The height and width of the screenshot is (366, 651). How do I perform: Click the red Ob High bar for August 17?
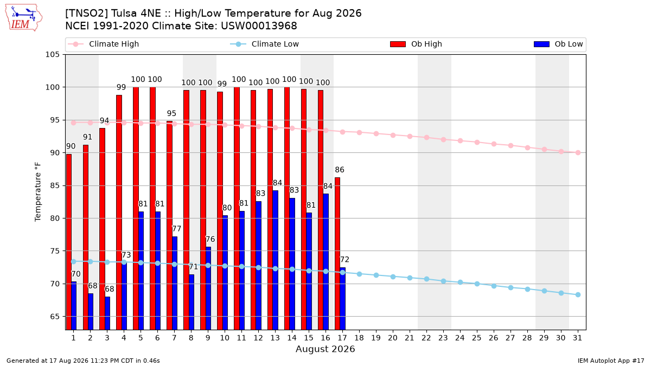click(x=337, y=254)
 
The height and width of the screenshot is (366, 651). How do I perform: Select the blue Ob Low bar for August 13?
click(x=275, y=260)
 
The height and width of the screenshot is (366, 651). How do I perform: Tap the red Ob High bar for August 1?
click(x=69, y=242)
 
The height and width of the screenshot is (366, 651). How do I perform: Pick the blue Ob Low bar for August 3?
click(x=107, y=313)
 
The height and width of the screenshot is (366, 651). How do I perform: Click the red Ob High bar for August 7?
click(x=169, y=226)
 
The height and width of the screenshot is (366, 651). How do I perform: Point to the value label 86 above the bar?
click(x=340, y=170)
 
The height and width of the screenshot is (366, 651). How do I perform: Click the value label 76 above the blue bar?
click(x=210, y=239)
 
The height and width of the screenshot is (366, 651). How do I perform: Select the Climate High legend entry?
click(x=103, y=44)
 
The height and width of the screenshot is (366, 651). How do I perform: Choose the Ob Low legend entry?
click(x=558, y=44)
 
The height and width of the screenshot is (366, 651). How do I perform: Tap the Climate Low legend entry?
click(x=264, y=44)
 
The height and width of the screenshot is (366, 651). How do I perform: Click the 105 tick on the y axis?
click(x=52, y=55)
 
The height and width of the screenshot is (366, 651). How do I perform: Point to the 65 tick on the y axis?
click(x=55, y=316)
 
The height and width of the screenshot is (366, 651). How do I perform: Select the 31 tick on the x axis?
click(x=577, y=338)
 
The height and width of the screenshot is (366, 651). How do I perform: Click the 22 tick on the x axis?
click(x=426, y=338)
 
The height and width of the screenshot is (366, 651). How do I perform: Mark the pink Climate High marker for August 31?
click(x=578, y=152)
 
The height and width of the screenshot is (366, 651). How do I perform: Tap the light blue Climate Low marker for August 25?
click(x=477, y=284)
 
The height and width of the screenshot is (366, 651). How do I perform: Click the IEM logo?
click(x=24, y=17)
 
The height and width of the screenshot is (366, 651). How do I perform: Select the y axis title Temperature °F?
click(x=38, y=192)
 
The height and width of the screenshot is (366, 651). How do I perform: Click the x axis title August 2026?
click(x=325, y=349)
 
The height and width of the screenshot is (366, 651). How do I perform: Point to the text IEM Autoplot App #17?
click(x=611, y=361)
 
